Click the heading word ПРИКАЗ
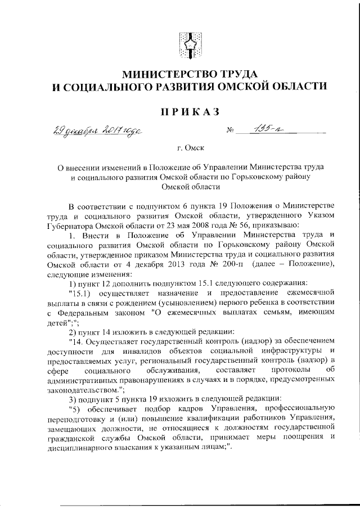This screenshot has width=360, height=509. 188,111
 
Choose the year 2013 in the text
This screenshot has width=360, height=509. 172,265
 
